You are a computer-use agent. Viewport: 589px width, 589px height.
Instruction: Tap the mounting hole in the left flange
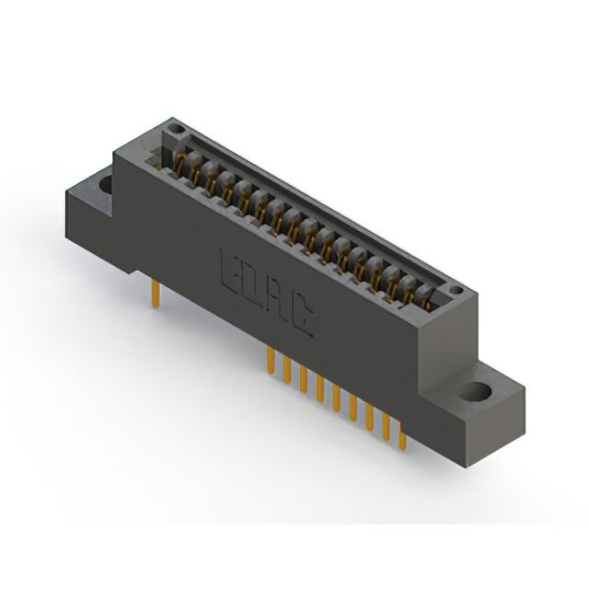(106, 185)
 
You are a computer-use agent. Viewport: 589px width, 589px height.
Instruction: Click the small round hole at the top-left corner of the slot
(176, 129)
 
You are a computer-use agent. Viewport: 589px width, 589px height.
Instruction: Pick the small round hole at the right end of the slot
(456, 290)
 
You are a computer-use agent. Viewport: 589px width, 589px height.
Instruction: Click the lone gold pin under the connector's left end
(156, 294)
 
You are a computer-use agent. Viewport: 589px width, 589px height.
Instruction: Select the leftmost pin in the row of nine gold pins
(271, 360)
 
